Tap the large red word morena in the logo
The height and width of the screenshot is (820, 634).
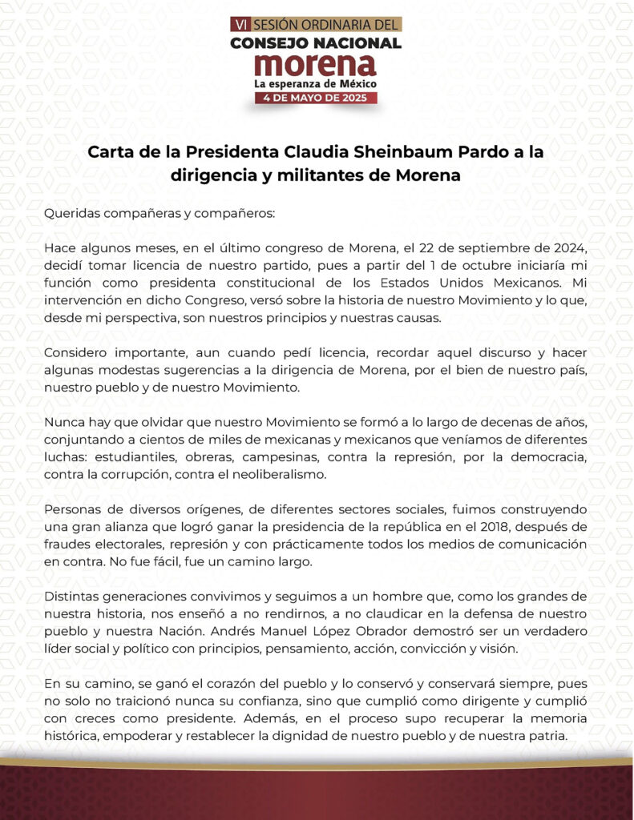tap(316, 64)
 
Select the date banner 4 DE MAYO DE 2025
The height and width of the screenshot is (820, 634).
tap(316, 98)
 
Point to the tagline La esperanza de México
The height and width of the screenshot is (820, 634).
tap(316, 83)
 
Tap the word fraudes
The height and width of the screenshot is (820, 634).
tap(67, 545)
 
